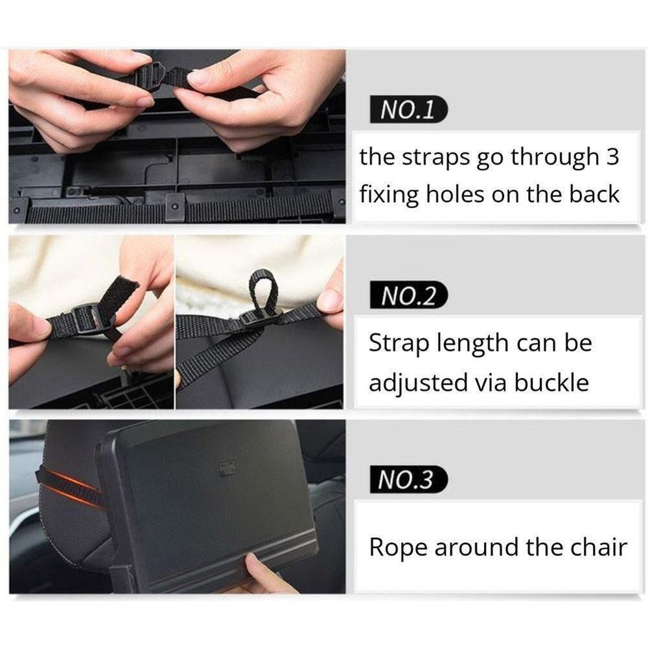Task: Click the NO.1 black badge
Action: [x=408, y=109]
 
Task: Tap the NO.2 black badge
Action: [x=408, y=295]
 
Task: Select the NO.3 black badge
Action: [x=408, y=480]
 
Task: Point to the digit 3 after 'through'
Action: [x=612, y=157]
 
